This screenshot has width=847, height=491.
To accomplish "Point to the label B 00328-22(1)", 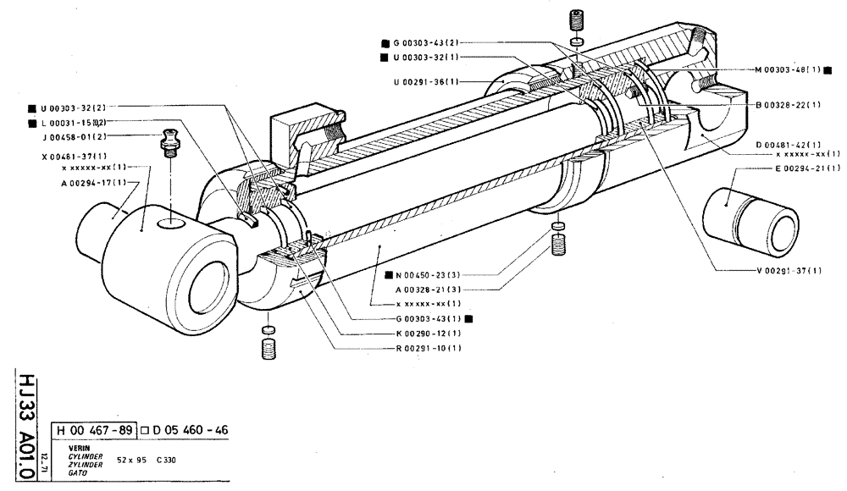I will click(788, 105).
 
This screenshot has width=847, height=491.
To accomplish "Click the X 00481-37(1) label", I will click(73, 157).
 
